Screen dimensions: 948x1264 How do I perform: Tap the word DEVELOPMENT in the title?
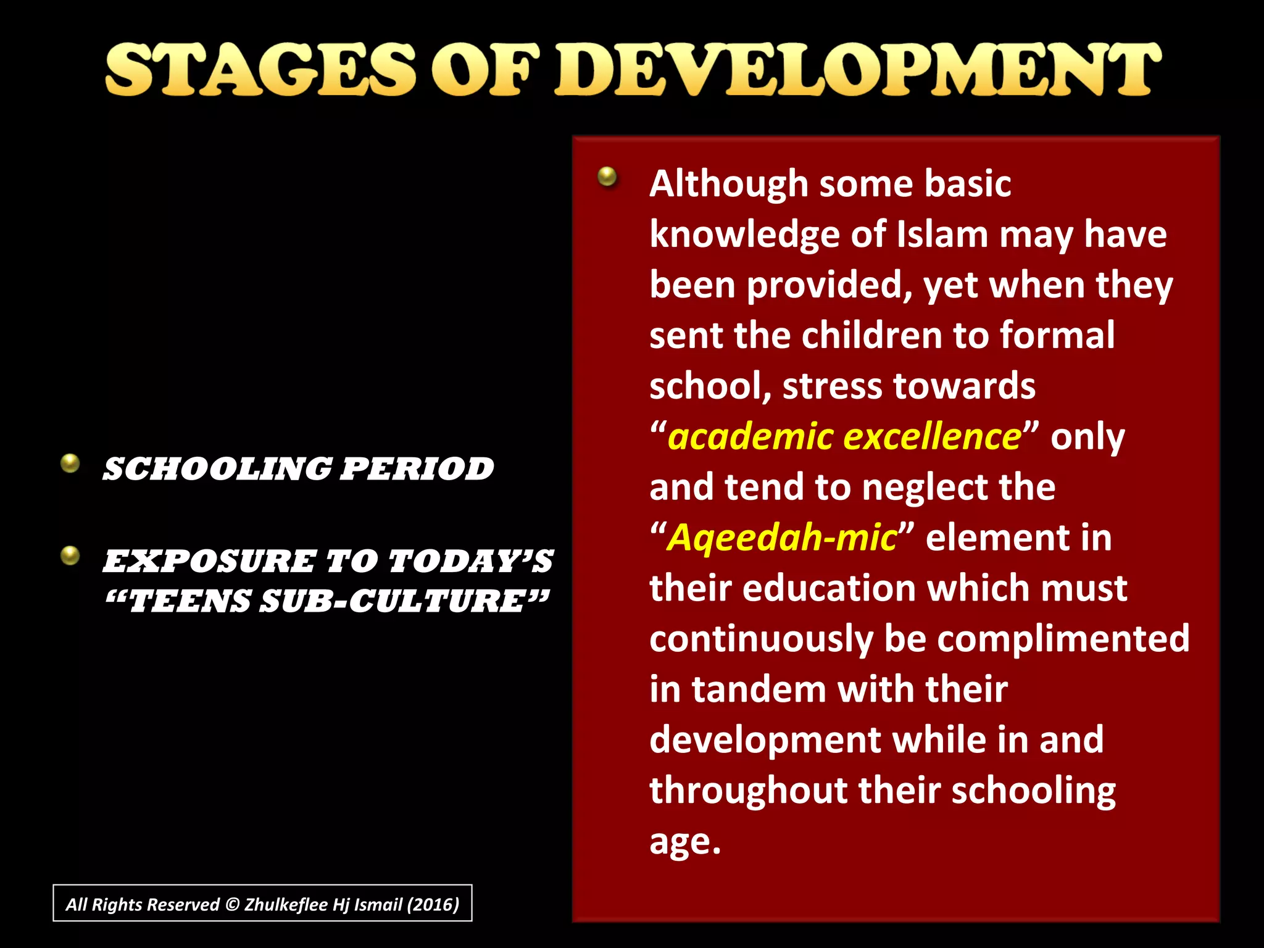point(857,70)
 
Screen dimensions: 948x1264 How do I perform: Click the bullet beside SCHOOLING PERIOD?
point(70,463)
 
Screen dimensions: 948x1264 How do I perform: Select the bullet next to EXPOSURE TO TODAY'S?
point(70,555)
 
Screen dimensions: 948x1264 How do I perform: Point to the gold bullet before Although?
point(607,177)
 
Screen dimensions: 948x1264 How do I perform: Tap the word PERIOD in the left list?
point(417,469)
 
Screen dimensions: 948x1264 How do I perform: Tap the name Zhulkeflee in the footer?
point(286,904)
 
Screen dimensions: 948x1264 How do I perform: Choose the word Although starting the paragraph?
point(729,185)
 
